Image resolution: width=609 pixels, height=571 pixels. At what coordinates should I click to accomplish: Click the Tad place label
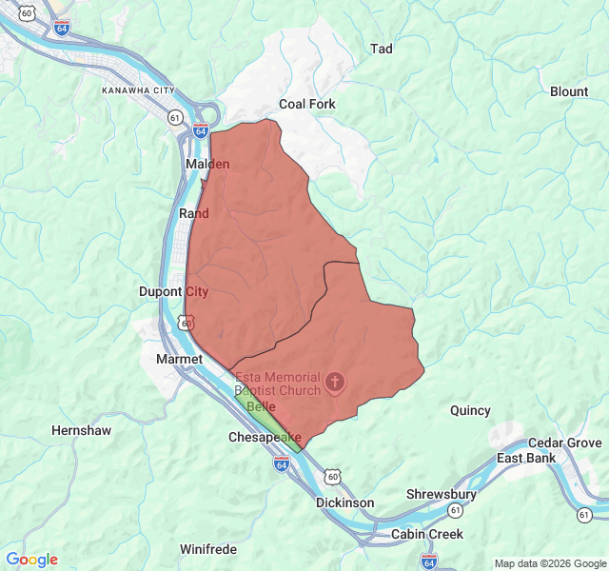381,49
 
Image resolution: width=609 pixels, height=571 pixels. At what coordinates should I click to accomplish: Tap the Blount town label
568,91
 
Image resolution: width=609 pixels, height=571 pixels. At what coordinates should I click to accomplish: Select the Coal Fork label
306,104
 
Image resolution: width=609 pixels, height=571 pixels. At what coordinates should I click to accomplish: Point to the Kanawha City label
139,90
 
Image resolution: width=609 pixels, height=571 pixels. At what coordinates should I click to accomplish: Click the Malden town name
206,164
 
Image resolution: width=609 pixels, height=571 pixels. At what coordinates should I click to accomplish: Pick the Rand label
193,213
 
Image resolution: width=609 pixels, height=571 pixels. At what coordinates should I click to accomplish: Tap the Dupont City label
173,291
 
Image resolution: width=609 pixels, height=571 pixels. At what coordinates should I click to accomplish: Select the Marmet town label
179,359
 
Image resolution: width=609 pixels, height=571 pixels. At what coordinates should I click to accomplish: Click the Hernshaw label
81,430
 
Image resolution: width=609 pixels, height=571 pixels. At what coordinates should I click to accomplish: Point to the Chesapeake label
265,437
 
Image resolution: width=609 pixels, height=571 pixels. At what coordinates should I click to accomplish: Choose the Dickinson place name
345,502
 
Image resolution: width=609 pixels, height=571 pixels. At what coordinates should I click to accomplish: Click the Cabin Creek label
426,534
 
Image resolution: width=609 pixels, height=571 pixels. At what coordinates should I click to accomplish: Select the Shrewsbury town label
441,495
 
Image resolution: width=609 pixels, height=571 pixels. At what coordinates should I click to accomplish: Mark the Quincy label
470,410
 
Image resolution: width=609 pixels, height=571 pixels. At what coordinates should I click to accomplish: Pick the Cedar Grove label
564,443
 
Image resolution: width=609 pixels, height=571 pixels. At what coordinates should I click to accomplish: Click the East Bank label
526,458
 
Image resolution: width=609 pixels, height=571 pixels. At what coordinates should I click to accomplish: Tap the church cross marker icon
334,383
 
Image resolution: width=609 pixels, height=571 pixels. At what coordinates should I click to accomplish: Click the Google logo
31,560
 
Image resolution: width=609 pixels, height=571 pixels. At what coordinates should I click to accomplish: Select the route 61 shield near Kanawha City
175,117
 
